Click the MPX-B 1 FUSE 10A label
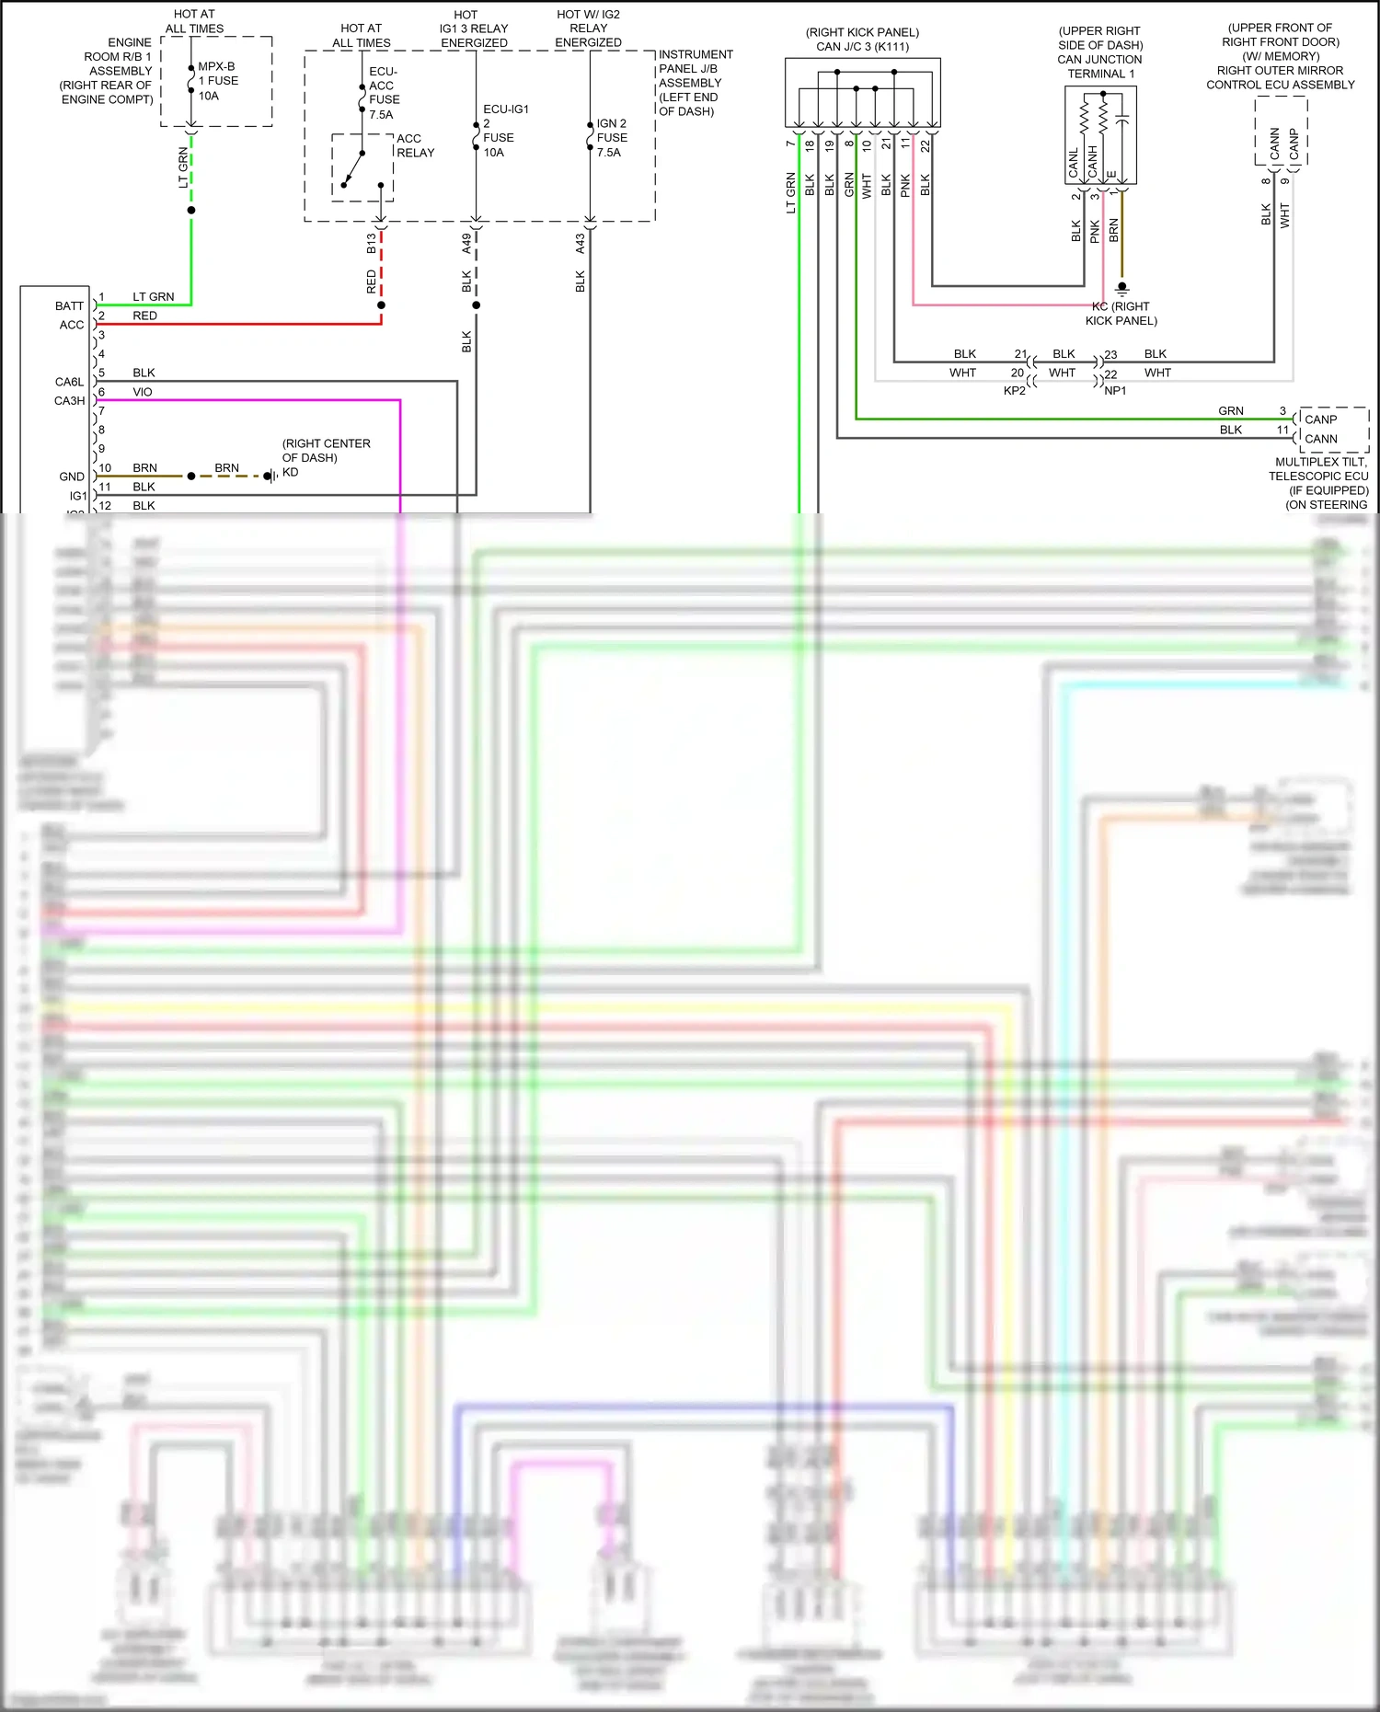click(218, 81)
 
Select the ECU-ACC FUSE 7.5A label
click(384, 93)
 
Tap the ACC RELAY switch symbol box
click(362, 167)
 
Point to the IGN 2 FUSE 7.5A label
click(611, 138)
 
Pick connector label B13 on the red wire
click(371, 244)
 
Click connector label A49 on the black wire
click(466, 244)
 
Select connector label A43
click(580, 244)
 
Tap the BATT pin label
click(69, 305)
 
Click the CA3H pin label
click(69, 401)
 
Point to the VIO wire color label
click(143, 392)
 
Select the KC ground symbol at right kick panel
click(1121, 289)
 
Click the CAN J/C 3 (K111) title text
click(862, 47)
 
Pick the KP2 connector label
click(1014, 391)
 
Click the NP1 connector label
click(1115, 391)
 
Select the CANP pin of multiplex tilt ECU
click(1320, 419)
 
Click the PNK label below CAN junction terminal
click(1095, 231)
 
